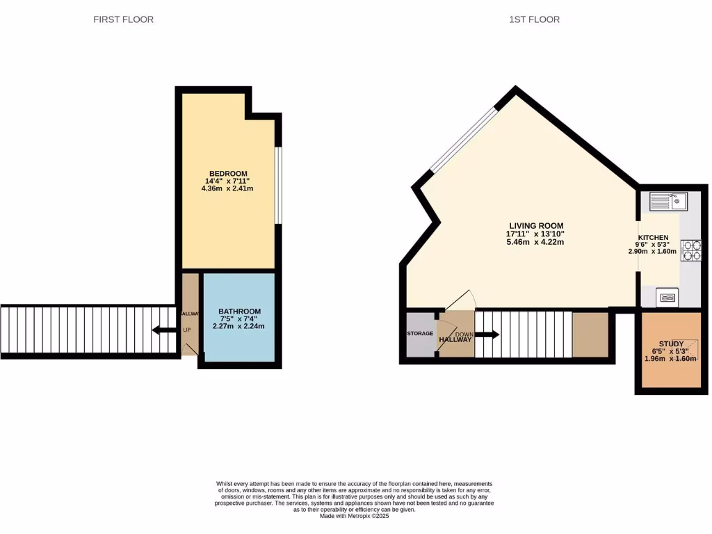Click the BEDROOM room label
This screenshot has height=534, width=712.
click(229, 174)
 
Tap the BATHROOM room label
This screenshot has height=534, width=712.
click(239, 311)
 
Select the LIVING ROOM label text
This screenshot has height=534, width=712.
click(535, 226)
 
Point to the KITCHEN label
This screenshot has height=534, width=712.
click(654, 238)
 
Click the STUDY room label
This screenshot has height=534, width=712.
click(671, 344)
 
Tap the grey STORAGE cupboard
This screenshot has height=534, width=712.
click(420, 334)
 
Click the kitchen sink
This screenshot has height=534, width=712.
click(668, 202)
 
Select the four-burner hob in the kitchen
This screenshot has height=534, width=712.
click(692, 250)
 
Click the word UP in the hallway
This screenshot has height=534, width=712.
click(187, 330)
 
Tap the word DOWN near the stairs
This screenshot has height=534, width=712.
click(464, 334)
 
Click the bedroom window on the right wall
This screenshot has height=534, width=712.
click(277, 185)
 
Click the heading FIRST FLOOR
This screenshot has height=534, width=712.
click(124, 19)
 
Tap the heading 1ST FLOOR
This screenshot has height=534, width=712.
click(534, 19)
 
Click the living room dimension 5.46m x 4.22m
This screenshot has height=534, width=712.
click(535, 242)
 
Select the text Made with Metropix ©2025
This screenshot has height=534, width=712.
click(355, 516)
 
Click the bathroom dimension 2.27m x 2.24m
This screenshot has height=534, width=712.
click(238, 326)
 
